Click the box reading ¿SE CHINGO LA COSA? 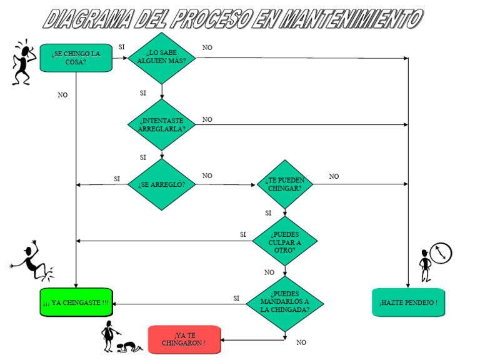76,57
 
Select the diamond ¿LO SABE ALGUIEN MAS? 161,58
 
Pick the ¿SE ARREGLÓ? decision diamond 161,184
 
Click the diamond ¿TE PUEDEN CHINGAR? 284,184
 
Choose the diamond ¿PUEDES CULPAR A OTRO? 284,241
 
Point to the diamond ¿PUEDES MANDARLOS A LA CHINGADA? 284,304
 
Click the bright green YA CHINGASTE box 76,302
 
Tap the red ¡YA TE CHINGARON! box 184,339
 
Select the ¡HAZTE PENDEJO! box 408,302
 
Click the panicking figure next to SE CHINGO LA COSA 22,62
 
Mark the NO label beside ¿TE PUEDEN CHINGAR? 334,177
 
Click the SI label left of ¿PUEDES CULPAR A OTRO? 243,234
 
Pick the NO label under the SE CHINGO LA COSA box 62,95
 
